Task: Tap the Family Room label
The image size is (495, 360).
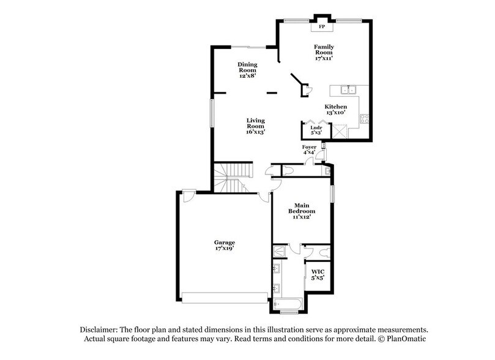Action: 324,50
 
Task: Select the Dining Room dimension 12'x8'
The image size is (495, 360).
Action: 247,76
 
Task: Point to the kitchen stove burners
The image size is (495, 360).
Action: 364,119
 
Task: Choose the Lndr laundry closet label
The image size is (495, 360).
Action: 316,127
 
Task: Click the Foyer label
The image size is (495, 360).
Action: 309,148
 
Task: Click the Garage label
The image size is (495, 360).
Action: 224,242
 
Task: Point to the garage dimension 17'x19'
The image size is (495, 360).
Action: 224,249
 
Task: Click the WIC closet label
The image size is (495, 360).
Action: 318,271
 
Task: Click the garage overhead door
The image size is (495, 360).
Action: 224,298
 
